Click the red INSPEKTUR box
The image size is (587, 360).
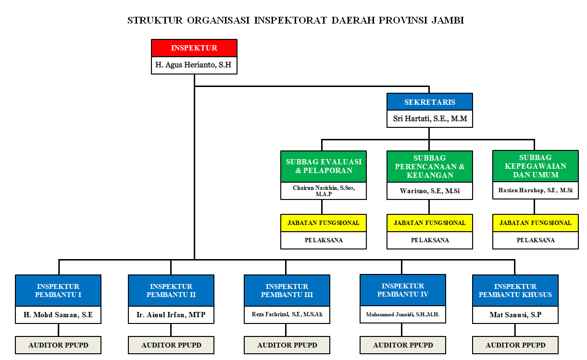point(194,48)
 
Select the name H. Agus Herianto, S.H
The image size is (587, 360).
point(194,65)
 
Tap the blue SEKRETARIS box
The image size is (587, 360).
point(429,102)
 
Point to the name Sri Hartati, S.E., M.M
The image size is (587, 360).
point(429,119)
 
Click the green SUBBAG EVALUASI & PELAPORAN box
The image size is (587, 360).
point(324,166)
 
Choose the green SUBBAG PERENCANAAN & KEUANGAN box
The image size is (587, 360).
point(429,166)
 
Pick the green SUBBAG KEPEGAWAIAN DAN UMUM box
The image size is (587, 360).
point(535,166)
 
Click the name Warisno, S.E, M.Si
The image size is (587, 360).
point(429,191)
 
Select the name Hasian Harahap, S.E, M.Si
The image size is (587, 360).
point(535,190)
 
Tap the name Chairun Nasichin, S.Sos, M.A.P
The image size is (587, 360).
point(324,191)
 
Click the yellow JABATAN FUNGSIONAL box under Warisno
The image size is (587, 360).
point(429,223)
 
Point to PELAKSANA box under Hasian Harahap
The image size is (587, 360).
point(535,240)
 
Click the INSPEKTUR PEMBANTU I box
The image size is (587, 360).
point(58,290)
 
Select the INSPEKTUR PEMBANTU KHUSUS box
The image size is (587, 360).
point(515,290)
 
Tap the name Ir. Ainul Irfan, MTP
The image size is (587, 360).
point(171,315)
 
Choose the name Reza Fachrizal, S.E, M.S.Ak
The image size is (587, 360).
point(287,314)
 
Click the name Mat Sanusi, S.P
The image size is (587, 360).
point(515,315)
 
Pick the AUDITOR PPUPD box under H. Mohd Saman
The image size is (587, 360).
point(58,345)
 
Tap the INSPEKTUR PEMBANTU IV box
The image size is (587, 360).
point(403,290)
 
